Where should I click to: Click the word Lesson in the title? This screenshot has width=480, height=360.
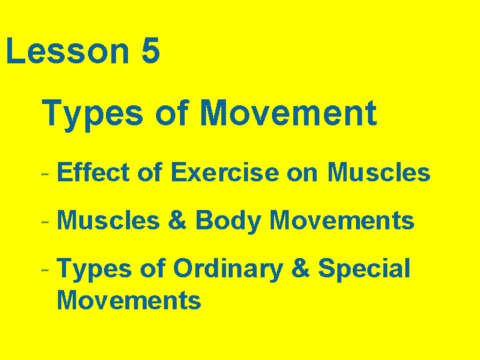[67, 52]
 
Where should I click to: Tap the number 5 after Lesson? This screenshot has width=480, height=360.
[151, 52]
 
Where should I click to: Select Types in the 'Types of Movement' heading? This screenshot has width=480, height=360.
[92, 113]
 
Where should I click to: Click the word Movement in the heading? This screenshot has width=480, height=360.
[289, 113]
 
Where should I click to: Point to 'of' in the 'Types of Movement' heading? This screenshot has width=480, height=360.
[172, 113]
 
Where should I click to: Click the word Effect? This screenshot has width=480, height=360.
[95, 173]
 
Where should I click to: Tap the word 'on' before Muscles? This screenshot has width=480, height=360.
[303, 173]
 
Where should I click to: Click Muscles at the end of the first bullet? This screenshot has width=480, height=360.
[379, 173]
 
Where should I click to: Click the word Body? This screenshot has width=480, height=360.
[227, 221]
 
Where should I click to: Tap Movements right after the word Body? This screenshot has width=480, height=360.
[342, 220]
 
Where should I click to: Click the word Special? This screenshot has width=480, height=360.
[365, 269]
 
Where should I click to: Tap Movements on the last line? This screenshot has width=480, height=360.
[129, 300]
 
